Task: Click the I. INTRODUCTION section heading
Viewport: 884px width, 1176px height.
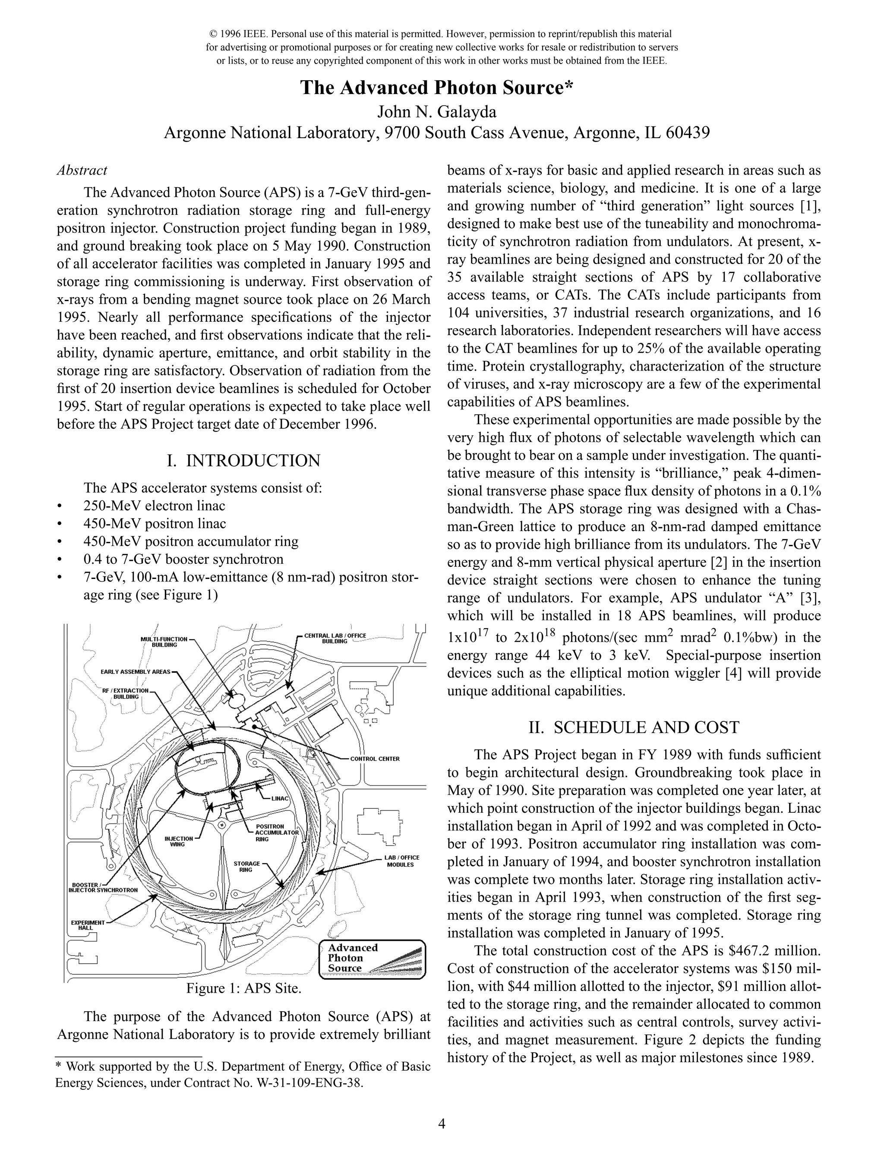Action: pyautogui.click(x=243, y=460)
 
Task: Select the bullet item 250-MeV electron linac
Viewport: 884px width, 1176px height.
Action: pyautogui.click(x=154, y=506)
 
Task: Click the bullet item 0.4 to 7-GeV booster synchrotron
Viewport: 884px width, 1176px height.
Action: pyautogui.click(x=183, y=559)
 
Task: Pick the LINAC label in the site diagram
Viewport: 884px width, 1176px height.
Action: pyautogui.click(x=280, y=799)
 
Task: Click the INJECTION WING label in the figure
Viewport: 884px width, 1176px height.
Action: pyautogui.click(x=178, y=841)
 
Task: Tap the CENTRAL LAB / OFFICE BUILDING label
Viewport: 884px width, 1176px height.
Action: pyautogui.click(x=335, y=638)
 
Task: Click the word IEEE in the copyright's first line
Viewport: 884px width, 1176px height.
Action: pyautogui.click(x=255, y=34)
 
